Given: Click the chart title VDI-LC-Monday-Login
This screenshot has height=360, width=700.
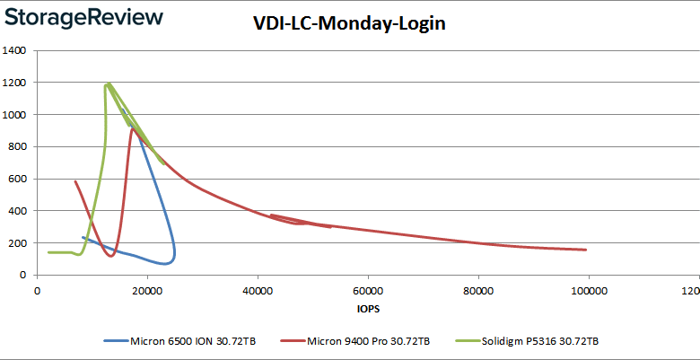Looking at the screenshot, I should pos(349,24).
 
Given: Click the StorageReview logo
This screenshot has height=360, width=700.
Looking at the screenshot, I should pos(85,17).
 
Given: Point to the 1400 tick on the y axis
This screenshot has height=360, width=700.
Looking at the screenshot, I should pos(14,50).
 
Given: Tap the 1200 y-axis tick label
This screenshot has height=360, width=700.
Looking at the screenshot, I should pos(14,83).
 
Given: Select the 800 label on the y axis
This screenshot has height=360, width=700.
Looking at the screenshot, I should pos(17,146).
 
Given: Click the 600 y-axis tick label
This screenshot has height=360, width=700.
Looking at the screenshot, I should pos(17,179).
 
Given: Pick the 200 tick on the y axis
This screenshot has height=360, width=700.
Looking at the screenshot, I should pos(17,243).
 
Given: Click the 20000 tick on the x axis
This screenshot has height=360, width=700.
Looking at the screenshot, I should pos(147,290).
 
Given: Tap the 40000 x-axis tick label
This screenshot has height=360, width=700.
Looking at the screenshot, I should pos(258,290).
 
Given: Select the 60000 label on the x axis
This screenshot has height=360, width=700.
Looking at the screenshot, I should pos(368,290).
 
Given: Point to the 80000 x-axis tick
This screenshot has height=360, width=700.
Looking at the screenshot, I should pos(478,290).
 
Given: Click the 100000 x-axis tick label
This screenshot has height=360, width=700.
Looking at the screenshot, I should pos(589,290).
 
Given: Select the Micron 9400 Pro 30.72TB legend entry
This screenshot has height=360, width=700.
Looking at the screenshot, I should pos(357,341).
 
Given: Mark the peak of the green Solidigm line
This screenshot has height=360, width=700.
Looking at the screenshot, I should pos(109,83).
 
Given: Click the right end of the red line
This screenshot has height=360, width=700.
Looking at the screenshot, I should pos(586,250).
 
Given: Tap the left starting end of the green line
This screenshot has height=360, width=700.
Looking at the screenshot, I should pos(48,252).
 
